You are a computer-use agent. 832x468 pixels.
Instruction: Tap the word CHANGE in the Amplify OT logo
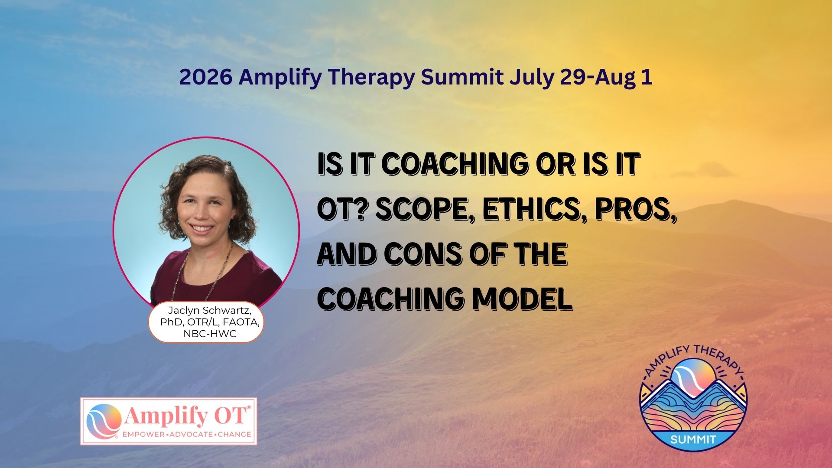click(235, 434)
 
